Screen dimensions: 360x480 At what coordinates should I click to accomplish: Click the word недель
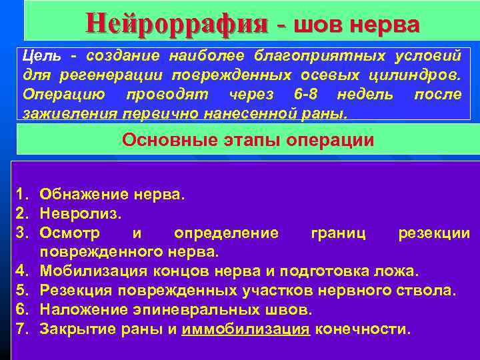366,95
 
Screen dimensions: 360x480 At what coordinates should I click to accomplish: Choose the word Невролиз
79,213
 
